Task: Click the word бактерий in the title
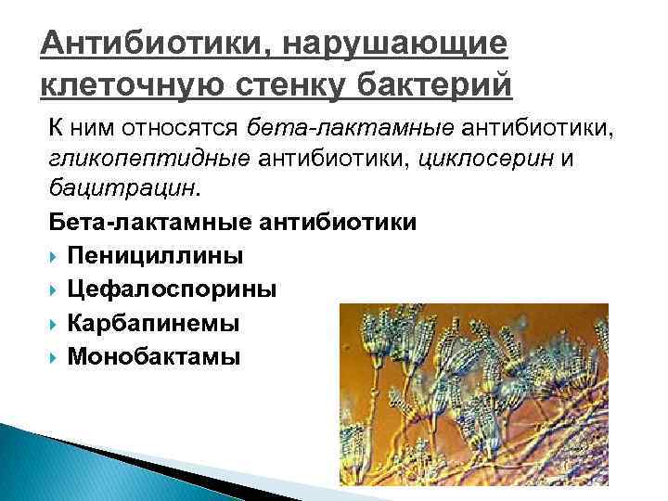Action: click(x=444, y=86)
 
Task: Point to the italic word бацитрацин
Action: click(x=122, y=190)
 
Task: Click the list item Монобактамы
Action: click(x=153, y=355)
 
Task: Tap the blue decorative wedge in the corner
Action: click(x=56, y=464)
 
